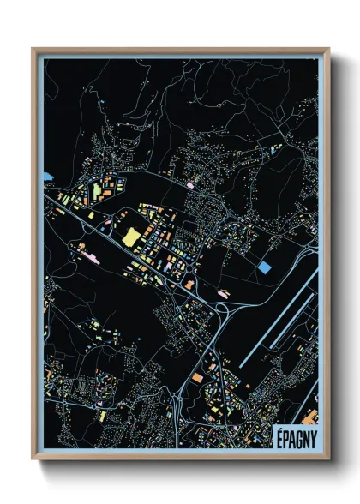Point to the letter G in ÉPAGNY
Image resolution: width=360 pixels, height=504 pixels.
pyautogui.click(x=297, y=436)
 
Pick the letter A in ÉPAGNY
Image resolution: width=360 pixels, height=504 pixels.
pyautogui.click(x=291, y=436)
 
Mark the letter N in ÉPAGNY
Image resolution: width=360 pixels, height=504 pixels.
pyautogui.click(x=305, y=436)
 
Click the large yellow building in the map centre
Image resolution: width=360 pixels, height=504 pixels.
pyautogui.click(x=132, y=237)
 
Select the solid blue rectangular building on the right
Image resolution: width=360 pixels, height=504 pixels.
pyautogui.click(x=265, y=267)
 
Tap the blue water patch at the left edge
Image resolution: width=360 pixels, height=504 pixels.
pyautogui.click(x=47, y=176)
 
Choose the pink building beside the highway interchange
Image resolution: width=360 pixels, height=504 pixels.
pyautogui.click(x=224, y=294)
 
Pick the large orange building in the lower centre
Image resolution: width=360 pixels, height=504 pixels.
pyautogui.click(x=198, y=376)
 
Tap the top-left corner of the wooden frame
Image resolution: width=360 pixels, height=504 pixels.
pyautogui.click(x=33, y=49)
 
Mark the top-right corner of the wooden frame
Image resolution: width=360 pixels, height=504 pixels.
pyautogui.click(x=329, y=49)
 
